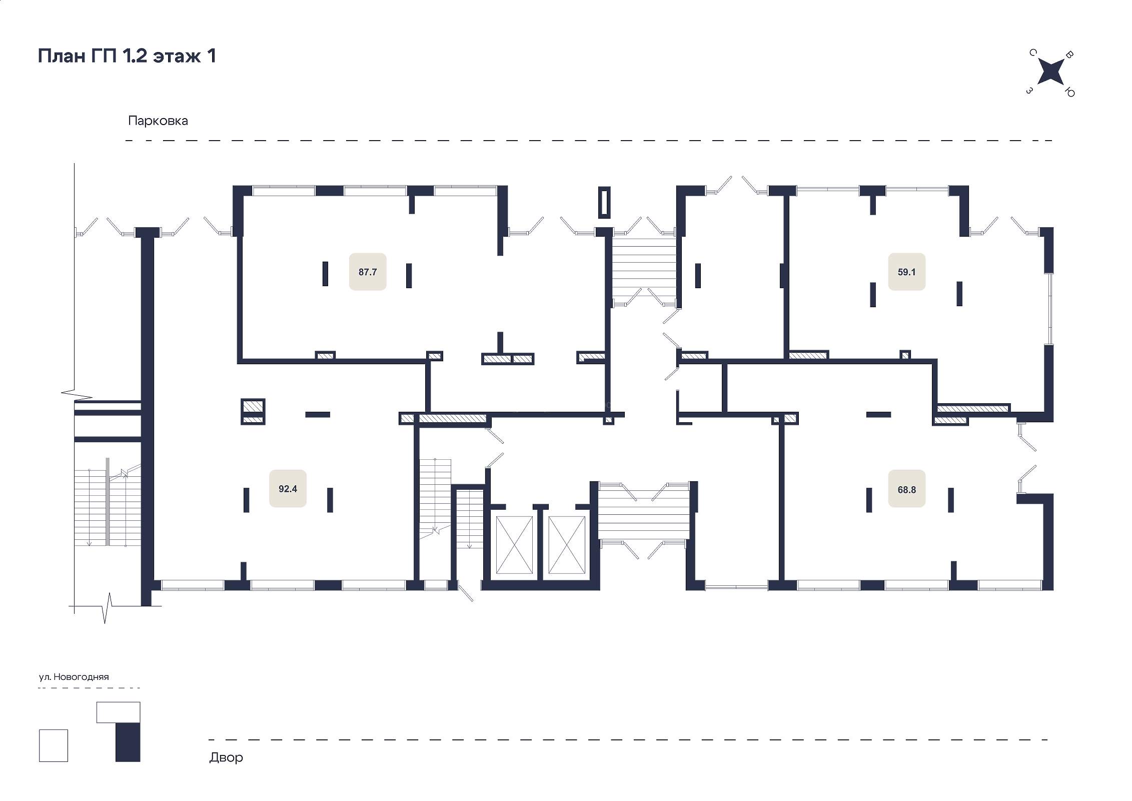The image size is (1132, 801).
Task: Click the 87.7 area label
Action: [x=368, y=272]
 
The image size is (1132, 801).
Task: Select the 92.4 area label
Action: [x=288, y=489]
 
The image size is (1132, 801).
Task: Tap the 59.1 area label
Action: [x=907, y=272]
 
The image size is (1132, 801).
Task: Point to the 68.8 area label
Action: [x=907, y=489]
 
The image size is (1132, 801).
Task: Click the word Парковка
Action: [x=158, y=121]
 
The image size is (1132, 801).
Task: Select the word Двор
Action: [x=226, y=757]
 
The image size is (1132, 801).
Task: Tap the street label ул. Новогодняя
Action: [x=74, y=677]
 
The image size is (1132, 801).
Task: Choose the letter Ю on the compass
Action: [x=1069, y=92]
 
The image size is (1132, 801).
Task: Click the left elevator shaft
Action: [x=514, y=545]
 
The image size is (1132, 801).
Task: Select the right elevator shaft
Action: [x=567, y=545]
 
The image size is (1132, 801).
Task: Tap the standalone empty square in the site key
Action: [x=54, y=745]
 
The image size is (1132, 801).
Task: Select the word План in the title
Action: [x=62, y=56]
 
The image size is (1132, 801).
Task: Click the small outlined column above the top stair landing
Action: [x=604, y=202]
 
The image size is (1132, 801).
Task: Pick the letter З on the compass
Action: [x=1029, y=91]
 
